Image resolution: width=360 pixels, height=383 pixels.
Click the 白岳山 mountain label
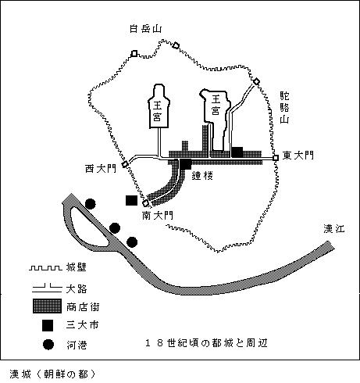(x=145, y=29)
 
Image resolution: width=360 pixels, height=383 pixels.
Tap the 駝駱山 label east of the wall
(x=284, y=108)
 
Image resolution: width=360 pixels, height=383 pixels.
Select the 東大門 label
(x=298, y=156)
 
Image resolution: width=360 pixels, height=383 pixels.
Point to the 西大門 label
(x=101, y=169)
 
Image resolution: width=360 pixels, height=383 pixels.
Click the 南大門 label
(x=158, y=215)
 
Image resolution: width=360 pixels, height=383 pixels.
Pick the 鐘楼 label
(x=202, y=176)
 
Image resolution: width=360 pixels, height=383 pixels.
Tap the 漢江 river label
(x=334, y=228)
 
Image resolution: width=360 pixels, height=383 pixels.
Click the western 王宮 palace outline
(x=159, y=106)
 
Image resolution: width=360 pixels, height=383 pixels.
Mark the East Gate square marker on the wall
(x=276, y=158)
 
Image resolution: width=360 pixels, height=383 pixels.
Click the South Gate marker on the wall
(x=146, y=203)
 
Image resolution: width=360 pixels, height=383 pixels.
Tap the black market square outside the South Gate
(x=131, y=200)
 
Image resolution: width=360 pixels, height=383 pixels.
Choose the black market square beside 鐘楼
(x=186, y=164)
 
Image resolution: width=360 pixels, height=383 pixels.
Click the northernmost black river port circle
(x=90, y=204)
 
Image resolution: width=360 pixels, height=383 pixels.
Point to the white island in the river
(x=89, y=227)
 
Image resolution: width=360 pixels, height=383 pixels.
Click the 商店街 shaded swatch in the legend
(x=47, y=306)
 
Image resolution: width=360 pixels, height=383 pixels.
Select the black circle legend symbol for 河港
(x=48, y=345)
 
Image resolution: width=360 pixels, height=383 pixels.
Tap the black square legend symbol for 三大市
(x=48, y=326)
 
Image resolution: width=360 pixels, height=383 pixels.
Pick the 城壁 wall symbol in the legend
(x=45, y=268)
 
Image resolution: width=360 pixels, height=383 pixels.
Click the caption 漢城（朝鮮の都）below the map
(x=52, y=374)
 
